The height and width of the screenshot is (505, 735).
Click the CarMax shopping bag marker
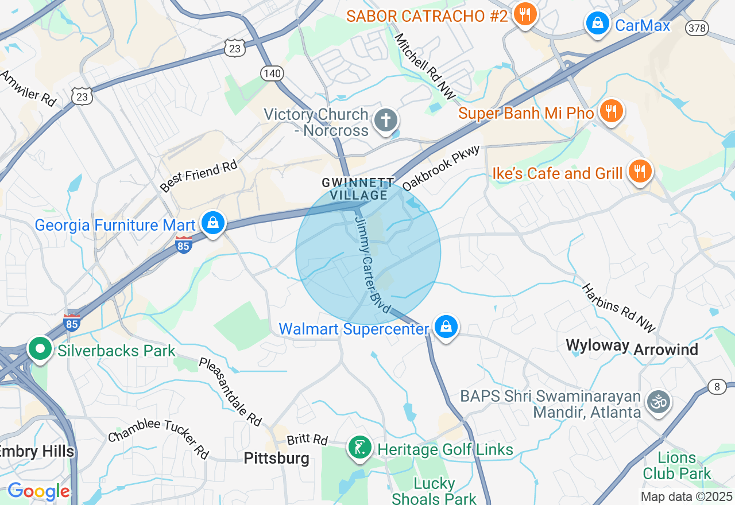click(x=597, y=24)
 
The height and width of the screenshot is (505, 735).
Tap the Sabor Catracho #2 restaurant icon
click(x=524, y=14)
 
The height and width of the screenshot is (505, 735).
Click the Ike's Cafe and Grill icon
click(x=639, y=171)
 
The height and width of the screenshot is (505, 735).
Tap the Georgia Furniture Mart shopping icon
click(x=213, y=223)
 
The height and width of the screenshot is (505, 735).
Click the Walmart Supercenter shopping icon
click(x=446, y=327)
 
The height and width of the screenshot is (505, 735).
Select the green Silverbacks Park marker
click(x=40, y=348)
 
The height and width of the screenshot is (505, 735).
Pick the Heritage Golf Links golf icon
click(x=360, y=447)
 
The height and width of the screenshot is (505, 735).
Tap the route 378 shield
click(x=697, y=28)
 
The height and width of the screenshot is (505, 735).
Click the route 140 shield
click(x=272, y=73)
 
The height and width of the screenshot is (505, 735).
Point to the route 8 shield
click(x=717, y=387)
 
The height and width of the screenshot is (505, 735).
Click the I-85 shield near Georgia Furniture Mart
click(x=184, y=245)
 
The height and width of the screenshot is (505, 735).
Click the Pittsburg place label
click(x=276, y=458)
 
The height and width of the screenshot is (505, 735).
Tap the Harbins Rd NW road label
click(x=618, y=308)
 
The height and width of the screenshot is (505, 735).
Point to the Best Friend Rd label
click(x=199, y=177)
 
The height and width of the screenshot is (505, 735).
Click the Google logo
click(x=38, y=491)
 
